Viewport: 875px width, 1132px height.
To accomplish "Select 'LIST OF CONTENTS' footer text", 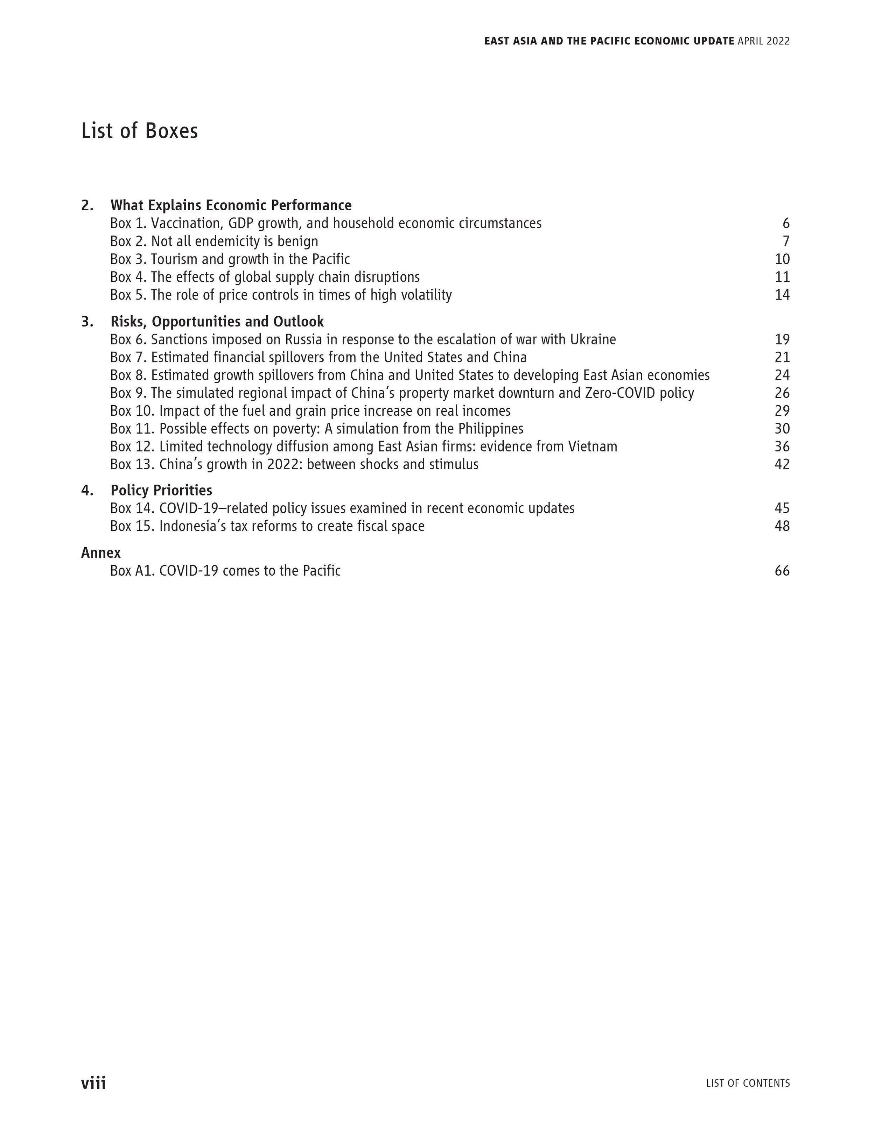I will point(748,1083).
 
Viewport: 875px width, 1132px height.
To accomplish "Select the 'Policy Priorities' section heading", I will point(161,490).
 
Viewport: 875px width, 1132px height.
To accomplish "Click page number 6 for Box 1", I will point(786,223).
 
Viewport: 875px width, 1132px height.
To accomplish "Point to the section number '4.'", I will point(87,490).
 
